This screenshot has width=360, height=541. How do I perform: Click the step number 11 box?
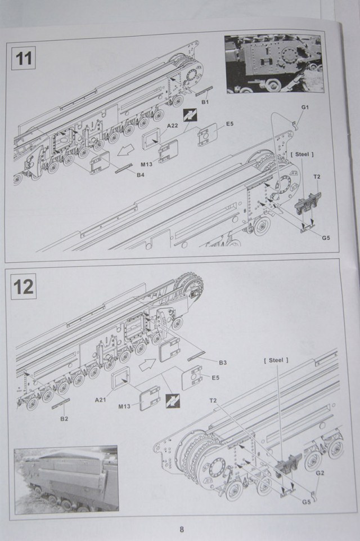(x=23, y=59)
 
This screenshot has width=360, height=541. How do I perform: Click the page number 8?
(x=181, y=529)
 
